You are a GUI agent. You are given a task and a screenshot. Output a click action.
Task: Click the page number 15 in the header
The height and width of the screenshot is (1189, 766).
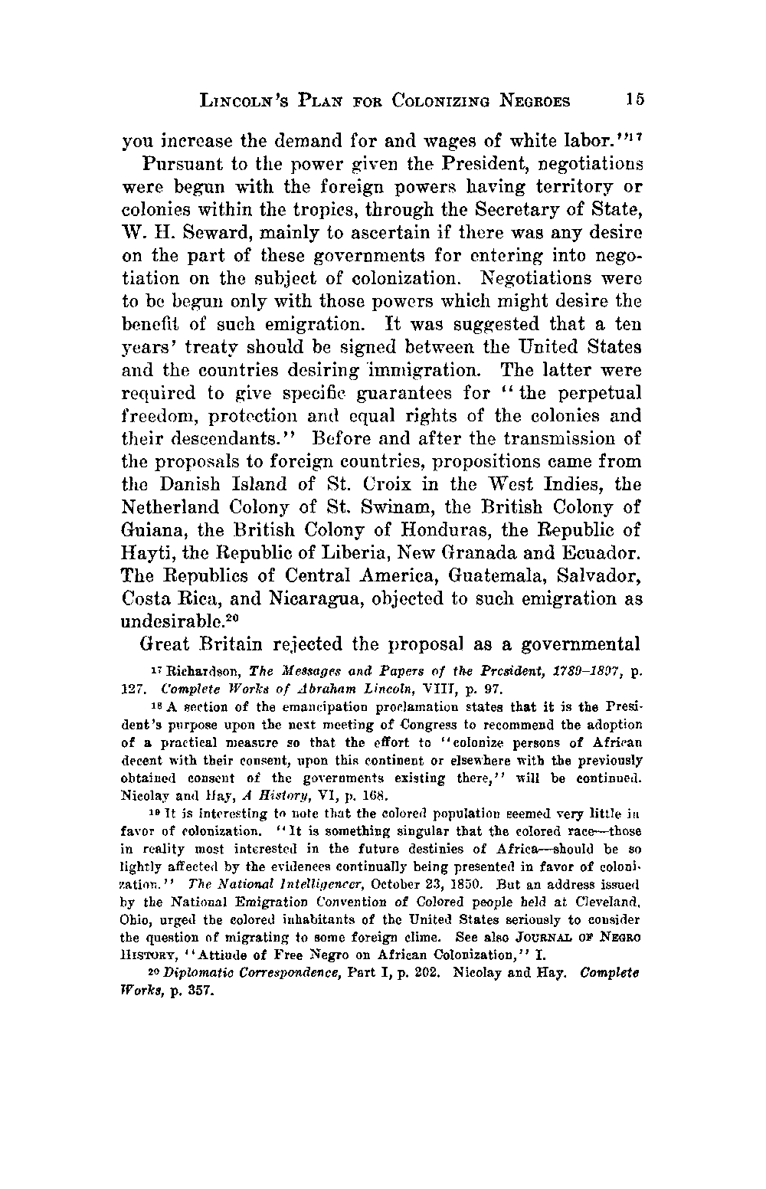pyautogui.click(x=635, y=100)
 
